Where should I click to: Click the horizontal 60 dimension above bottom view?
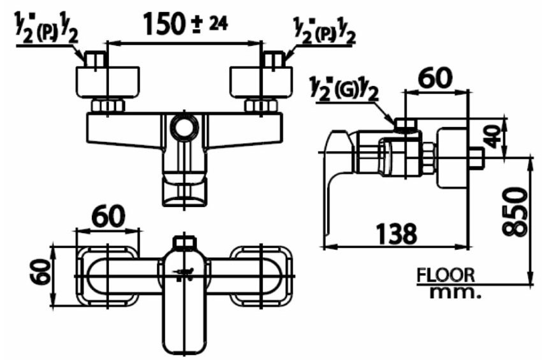[x=107, y=217]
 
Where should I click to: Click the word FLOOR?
[x=446, y=275]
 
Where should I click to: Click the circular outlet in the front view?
[x=184, y=128]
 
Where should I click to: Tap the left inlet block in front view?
[x=106, y=81]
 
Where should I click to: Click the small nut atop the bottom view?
[x=184, y=243]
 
